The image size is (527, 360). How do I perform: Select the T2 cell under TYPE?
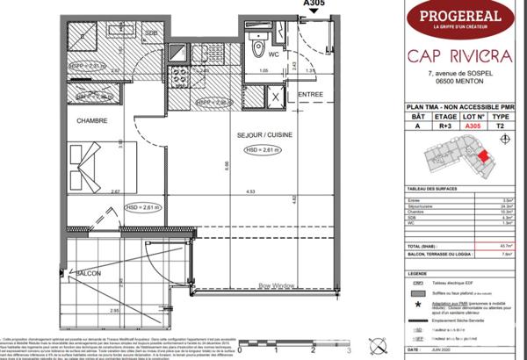pos(502,126)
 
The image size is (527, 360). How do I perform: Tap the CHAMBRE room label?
pos(91,120)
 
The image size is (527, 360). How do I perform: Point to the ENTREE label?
pos(311,94)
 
